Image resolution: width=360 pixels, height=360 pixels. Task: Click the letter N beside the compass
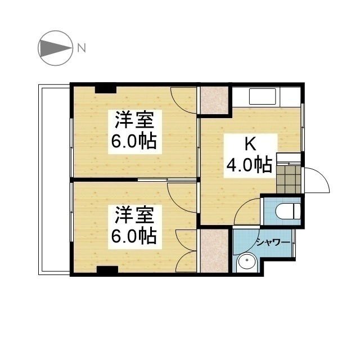[81, 48]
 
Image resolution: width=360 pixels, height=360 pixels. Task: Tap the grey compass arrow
[55, 48]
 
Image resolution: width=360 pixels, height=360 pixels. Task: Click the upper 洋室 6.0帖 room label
[135, 132]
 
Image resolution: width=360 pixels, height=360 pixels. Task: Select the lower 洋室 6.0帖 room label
[135, 227]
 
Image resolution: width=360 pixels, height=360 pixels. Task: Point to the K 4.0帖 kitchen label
[251, 156]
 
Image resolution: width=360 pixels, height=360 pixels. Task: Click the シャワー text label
[273, 242]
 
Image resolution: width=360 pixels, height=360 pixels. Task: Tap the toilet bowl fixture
[287, 211]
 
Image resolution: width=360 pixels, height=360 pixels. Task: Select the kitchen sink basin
[263, 96]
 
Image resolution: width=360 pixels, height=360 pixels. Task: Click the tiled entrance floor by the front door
[289, 179]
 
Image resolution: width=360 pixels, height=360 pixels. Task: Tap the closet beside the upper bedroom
[214, 100]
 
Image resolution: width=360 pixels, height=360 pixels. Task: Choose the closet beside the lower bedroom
[214, 251]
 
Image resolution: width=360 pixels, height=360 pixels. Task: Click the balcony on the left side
[54, 179]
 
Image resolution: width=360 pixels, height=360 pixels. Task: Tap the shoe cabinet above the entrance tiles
[289, 158]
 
